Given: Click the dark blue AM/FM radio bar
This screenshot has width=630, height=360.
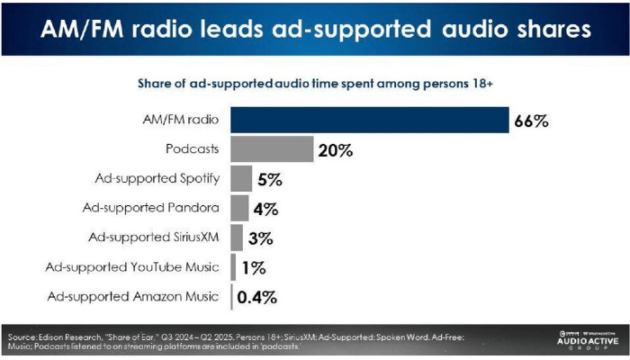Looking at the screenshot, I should [368, 121].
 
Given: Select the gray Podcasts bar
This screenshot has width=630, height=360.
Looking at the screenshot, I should [272, 149].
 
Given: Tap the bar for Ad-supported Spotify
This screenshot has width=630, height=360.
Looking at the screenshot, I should [241, 179].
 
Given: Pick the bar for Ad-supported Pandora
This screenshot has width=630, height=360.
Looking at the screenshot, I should [239, 209].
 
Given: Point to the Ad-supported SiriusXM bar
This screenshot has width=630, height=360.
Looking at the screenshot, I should [237, 238].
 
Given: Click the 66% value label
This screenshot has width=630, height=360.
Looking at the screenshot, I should [530, 121].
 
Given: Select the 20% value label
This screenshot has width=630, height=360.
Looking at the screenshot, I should [335, 150].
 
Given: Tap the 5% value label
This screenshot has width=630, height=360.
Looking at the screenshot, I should [270, 179].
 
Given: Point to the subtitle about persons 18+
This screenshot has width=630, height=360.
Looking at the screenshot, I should [314, 84].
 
